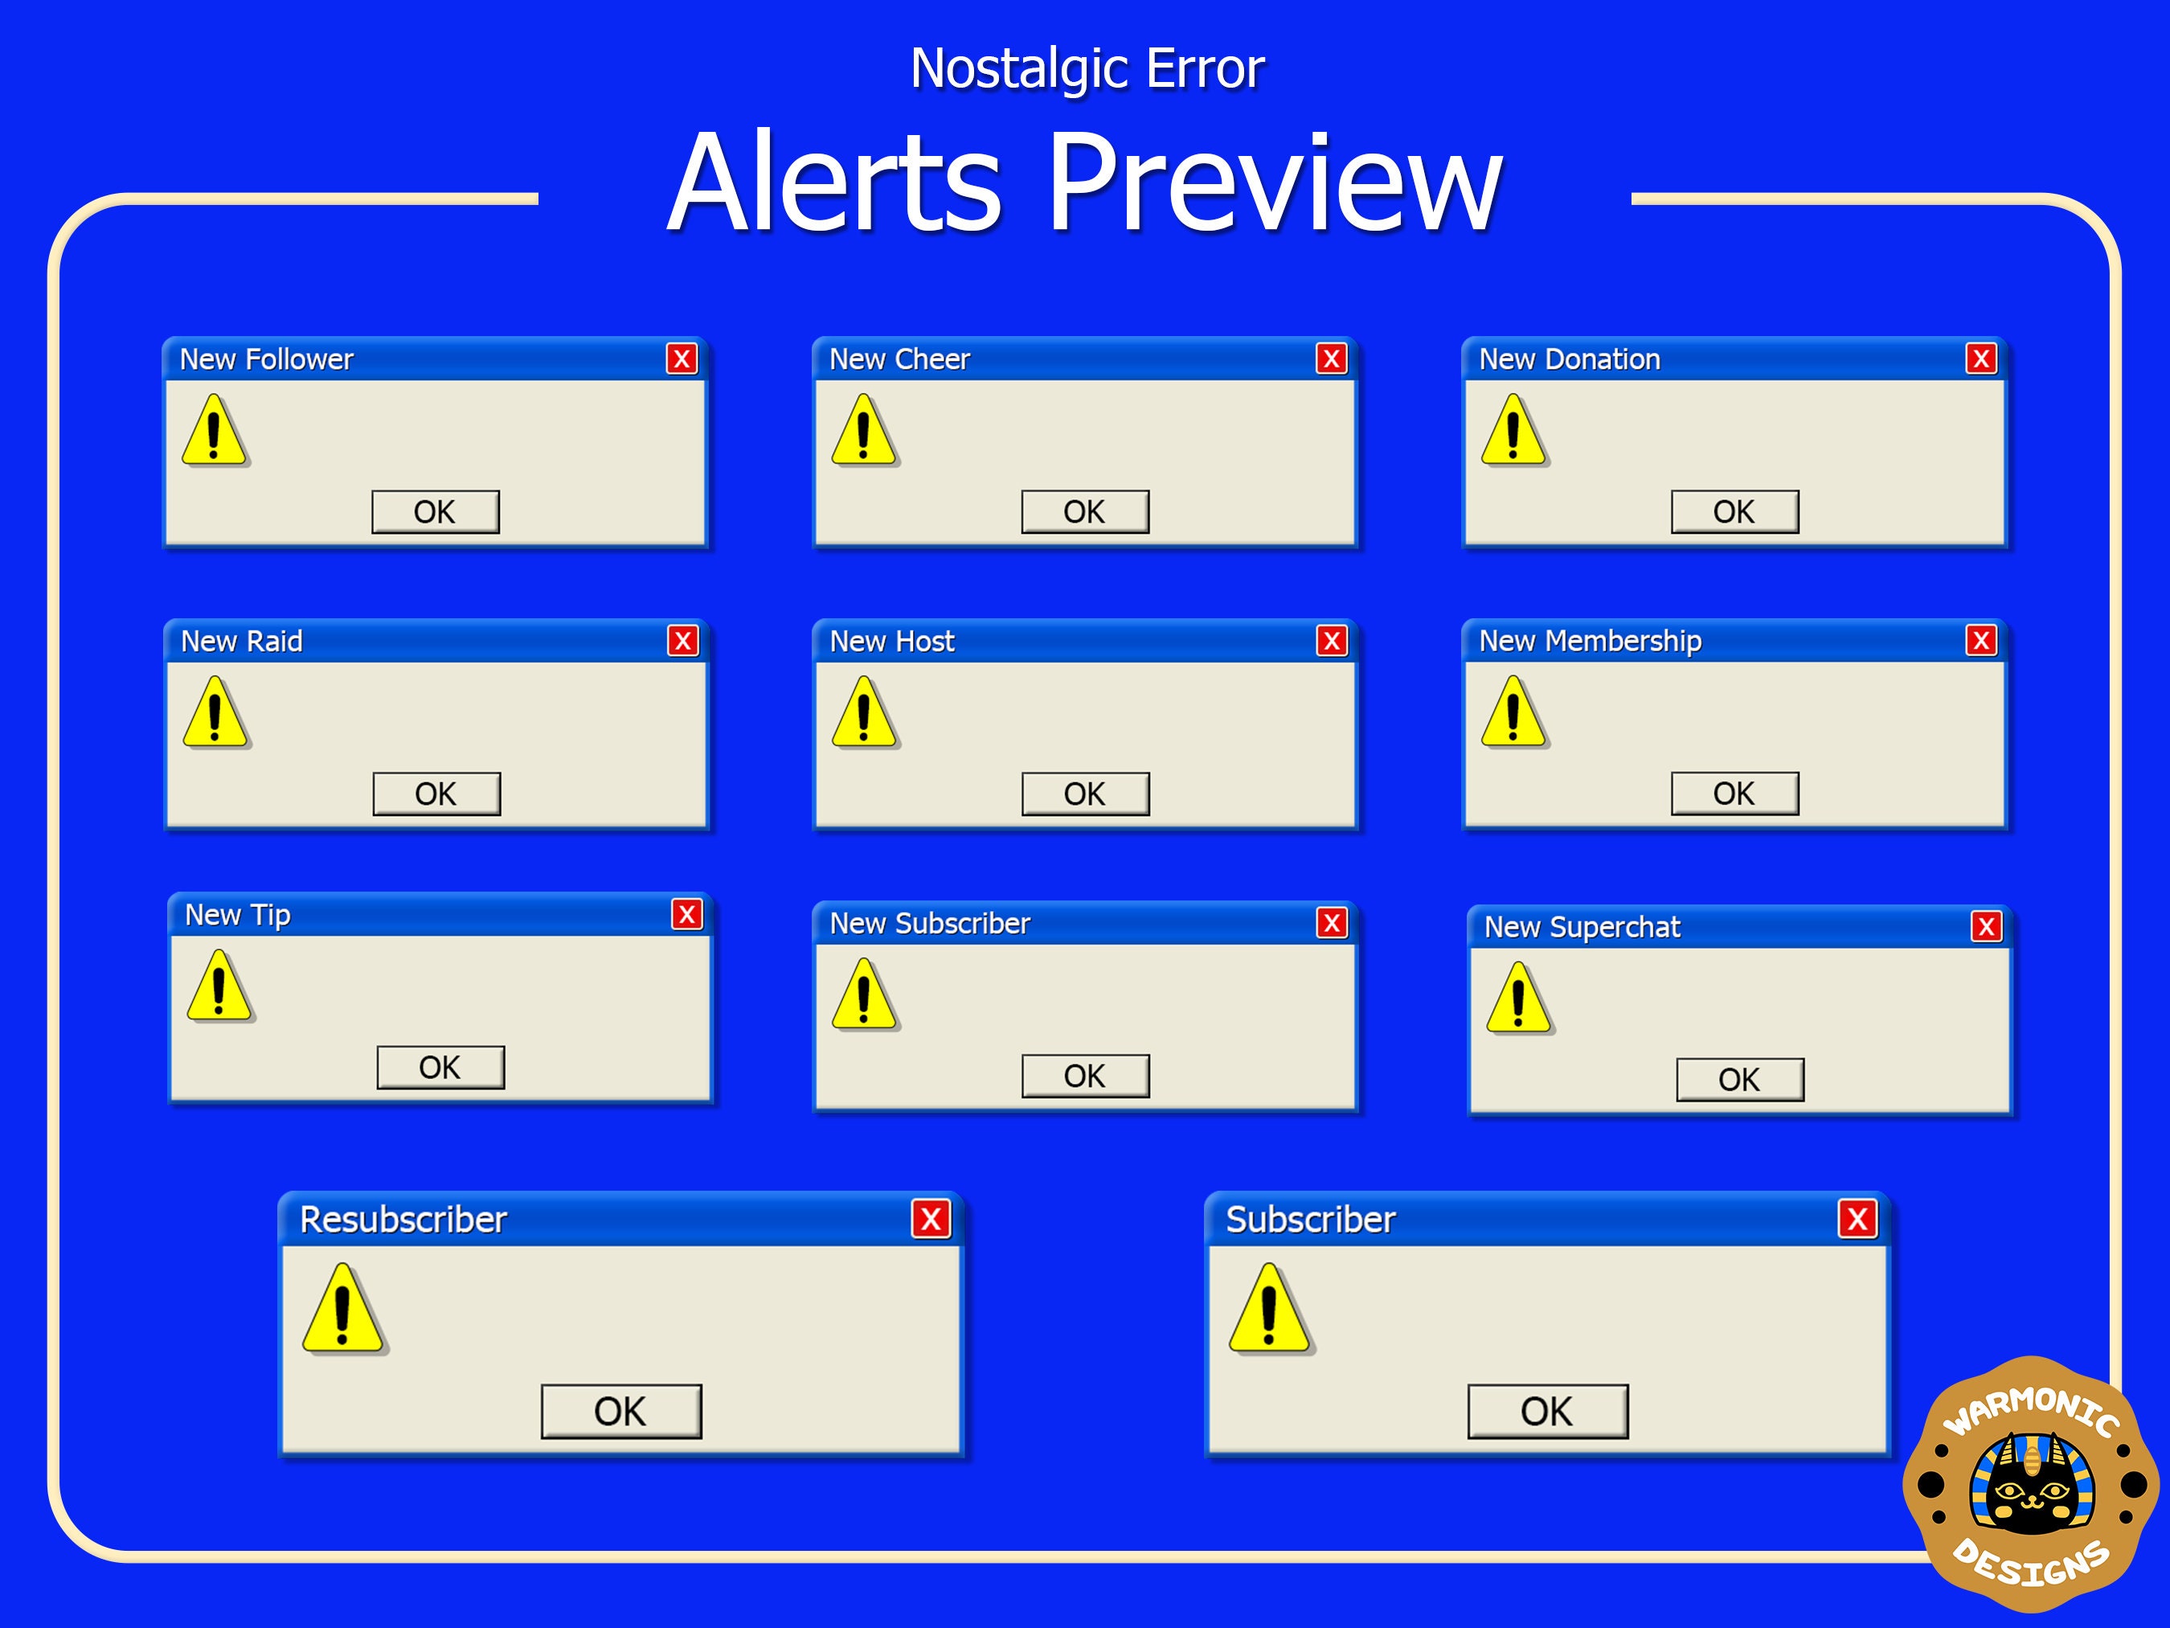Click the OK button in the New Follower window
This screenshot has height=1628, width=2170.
tap(435, 511)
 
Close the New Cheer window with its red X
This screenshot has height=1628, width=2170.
tap(1330, 359)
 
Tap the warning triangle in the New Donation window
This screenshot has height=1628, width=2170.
tap(1513, 431)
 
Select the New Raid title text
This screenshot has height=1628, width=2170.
tap(241, 641)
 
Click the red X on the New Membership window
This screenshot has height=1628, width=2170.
tap(1980, 640)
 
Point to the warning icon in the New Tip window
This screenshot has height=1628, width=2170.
tap(219, 986)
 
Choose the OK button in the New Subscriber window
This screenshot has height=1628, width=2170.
tap(1084, 1076)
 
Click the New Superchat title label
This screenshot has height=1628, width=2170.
tap(1582, 926)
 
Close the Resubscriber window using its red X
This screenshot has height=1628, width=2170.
tap(930, 1219)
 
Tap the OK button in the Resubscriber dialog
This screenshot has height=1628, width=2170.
tap(621, 1411)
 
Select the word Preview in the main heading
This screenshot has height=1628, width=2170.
tap(1275, 182)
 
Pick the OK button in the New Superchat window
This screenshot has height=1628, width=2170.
tap(1739, 1080)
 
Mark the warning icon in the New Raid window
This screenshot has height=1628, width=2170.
tap(215, 712)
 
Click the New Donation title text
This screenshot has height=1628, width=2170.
tap(1569, 359)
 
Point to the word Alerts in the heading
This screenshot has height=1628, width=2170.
tap(835, 182)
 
